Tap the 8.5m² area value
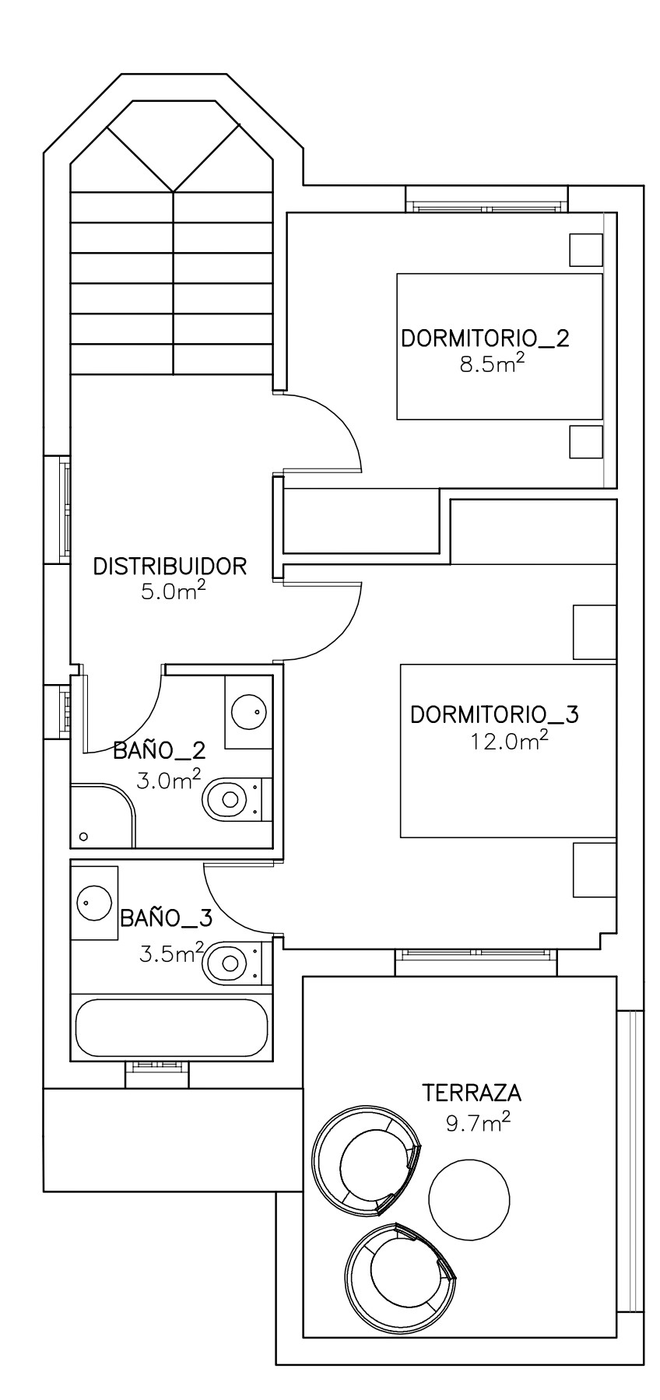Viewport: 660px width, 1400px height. [491, 363]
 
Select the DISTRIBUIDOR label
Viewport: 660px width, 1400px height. [170, 566]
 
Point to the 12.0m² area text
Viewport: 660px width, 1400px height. [509, 740]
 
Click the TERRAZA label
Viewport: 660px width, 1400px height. [472, 1093]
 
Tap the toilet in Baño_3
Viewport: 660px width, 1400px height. [231, 962]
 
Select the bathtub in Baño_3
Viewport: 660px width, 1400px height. [172, 1026]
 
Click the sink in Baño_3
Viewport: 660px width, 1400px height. [94, 901]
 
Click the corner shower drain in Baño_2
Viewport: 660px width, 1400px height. [84, 837]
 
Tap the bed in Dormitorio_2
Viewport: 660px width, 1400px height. [500, 346]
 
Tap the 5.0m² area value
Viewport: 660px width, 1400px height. [173, 591]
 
